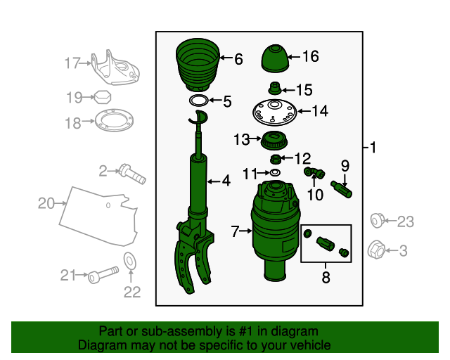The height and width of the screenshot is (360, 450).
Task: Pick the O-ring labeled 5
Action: (x=198, y=101)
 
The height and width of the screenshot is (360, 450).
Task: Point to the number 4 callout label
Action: (x=226, y=181)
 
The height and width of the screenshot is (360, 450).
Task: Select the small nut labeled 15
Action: (x=275, y=89)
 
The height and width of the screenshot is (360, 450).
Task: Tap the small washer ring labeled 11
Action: (x=275, y=172)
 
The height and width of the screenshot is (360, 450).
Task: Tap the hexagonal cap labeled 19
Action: (x=102, y=96)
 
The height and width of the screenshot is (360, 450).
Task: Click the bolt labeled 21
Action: (x=101, y=275)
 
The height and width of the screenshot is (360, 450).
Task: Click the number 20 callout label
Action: (x=46, y=204)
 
